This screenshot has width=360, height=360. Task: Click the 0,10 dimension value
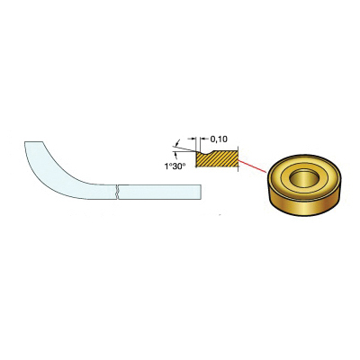click(x=219, y=139)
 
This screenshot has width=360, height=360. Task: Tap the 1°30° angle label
click(x=174, y=166)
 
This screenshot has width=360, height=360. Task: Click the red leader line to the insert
click(x=253, y=166)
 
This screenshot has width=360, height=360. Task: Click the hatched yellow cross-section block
click(x=217, y=159)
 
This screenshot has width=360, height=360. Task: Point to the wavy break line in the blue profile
click(x=118, y=191)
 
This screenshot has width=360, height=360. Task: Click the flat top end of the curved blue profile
click(x=34, y=142)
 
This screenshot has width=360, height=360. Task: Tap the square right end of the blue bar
click(x=201, y=191)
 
